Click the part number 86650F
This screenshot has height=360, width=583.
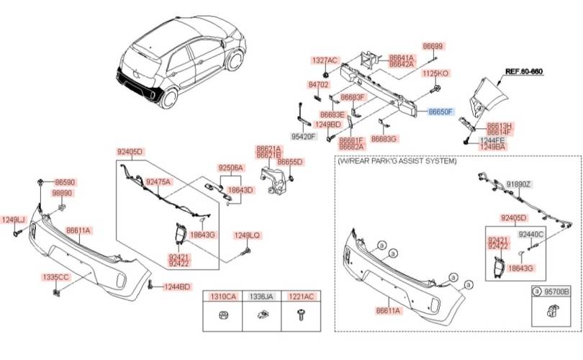(440, 112)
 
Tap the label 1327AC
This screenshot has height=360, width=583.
(324, 60)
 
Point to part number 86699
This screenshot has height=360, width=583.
(434, 45)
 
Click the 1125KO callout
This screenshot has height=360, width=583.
(435, 73)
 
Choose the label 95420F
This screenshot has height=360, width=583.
(304, 135)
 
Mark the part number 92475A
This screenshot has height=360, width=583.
(158, 181)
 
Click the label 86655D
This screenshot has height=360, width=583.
(290, 162)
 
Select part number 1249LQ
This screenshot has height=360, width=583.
(246, 235)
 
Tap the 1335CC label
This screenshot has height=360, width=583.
(55, 276)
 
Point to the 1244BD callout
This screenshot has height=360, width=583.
(176, 287)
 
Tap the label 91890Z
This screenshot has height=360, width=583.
(518, 184)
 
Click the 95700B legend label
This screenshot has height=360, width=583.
(556, 292)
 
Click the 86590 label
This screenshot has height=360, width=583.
(65, 183)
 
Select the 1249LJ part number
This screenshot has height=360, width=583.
(13, 220)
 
